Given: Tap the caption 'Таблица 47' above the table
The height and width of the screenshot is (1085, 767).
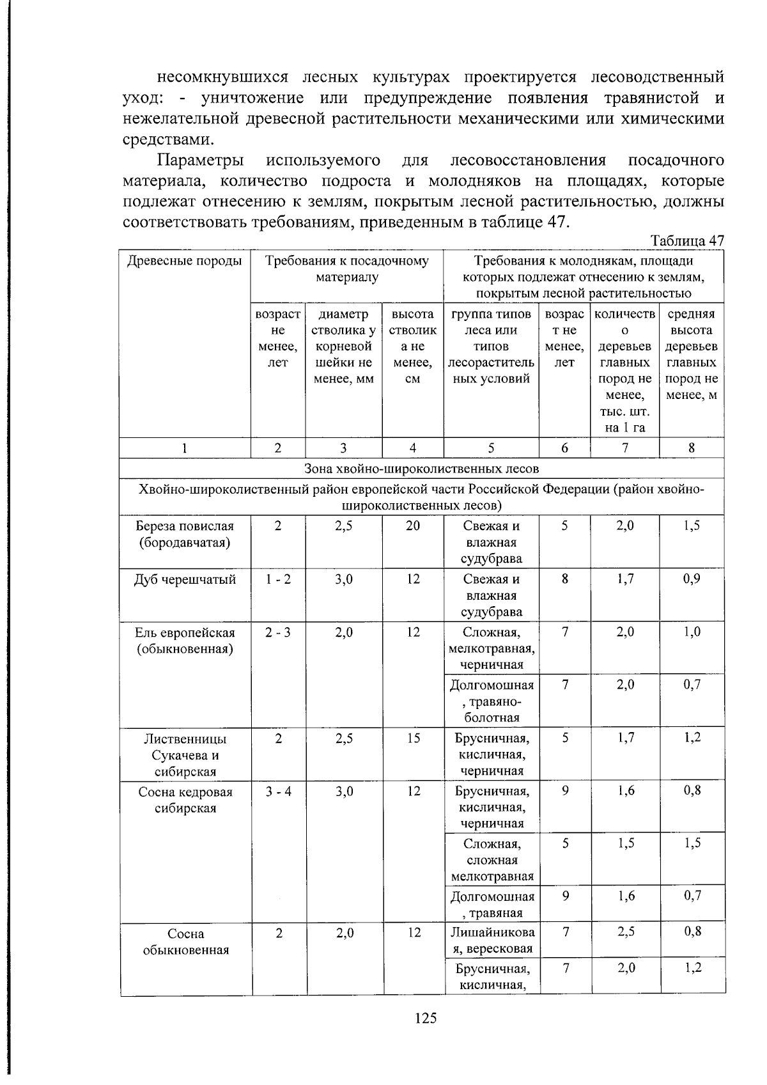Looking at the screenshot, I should coord(687,241).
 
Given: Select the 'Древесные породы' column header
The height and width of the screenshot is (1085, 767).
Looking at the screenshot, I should coord(185,261).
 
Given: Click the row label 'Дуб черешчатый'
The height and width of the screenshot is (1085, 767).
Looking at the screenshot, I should coord(185,580).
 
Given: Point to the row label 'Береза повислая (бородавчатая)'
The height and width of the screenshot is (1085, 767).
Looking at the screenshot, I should coord(185,535).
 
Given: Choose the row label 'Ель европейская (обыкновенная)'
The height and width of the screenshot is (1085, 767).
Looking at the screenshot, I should coord(185,641).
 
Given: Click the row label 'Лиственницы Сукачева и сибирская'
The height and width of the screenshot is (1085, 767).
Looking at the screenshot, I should coord(185,754).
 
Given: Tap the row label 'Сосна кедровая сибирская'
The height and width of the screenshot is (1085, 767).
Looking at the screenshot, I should coord(185,800).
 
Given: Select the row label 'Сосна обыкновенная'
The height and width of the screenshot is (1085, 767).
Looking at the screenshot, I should coord(185,941).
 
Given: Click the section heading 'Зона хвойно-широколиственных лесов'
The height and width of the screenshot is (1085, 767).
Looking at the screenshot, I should coord(422,469).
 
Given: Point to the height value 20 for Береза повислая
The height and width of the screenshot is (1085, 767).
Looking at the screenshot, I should coord(413,526).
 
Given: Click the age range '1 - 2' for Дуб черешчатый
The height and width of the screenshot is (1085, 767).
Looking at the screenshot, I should coord(278,580).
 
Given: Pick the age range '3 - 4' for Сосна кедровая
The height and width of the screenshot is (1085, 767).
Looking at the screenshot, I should coord(279,792).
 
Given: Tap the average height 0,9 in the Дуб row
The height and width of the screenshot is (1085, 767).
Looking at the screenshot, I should coord(692,580).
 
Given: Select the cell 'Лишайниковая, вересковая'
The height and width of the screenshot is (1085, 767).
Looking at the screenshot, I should coord(492,941).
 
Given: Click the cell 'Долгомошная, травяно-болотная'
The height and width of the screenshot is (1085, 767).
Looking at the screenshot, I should coord(492,701).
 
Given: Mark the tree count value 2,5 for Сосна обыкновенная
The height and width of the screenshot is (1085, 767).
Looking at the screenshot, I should coord(626,932).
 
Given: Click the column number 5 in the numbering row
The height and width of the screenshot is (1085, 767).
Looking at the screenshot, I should coord(491,448).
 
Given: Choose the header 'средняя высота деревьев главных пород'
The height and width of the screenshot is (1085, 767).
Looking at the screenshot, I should coord(692,354).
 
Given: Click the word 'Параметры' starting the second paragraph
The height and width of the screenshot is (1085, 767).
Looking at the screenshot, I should coord(201,160).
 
